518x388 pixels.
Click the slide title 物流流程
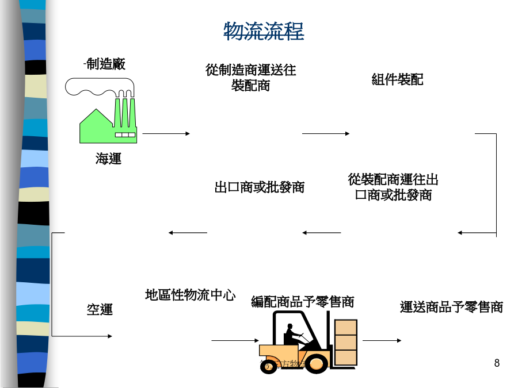click(x=264, y=32)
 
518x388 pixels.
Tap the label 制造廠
click(x=104, y=64)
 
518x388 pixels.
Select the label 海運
click(x=108, y=159)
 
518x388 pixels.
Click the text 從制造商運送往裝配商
click(x=251, y=78)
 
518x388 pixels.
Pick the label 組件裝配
click(x=397, y=80)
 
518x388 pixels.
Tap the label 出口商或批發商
click(x=259, y=187)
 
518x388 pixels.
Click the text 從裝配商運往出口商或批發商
click(x=393, y=187)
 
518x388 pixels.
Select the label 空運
click(x=100, y=309)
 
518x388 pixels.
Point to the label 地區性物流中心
click(x=190, y=295)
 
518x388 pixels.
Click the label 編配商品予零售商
click(x=302, y=302)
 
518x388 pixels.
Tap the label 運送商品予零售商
click(x=451, y=307)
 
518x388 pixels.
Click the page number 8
click(x=497, y=363)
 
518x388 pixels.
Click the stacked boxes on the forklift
click(x=345, y=341)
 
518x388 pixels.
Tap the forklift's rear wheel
click(x=268, y=364)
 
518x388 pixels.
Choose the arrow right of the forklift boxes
click(x=382, y=340)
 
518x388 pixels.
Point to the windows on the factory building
click(x=125, y=135)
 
